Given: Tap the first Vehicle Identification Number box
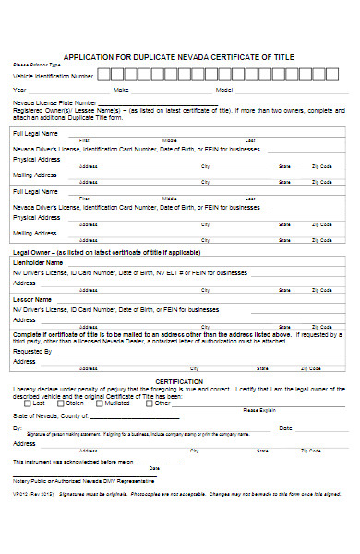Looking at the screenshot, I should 103,75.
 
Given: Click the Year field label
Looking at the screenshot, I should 19,90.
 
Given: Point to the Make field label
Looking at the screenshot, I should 121,90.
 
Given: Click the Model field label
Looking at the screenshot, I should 224,90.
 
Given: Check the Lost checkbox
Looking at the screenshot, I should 28,403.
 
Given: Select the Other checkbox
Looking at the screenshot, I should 150,403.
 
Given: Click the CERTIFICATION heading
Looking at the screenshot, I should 180,380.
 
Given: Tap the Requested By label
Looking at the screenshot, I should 32,352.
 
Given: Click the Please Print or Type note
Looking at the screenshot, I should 36,65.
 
